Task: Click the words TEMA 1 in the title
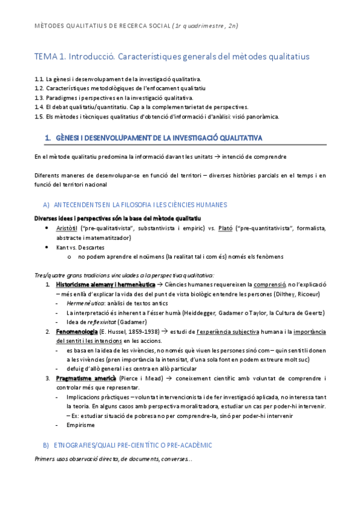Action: coord(50,57)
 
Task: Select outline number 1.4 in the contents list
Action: coord(40,106)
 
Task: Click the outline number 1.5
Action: coord(40,116)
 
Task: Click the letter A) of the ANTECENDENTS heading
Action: coord(46,205)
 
